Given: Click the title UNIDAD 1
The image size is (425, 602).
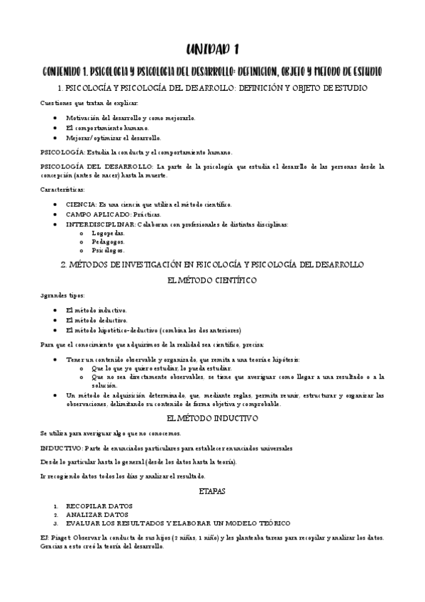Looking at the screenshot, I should point(212,49).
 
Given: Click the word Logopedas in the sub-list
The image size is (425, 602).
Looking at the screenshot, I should point(108,232).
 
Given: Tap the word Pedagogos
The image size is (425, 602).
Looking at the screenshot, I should point(109,241).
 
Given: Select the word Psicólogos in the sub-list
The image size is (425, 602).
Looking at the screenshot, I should point(109,250).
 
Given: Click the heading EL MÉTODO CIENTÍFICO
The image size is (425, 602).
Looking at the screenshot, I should point(212,280).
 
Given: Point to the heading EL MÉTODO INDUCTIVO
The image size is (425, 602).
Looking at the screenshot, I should point(212,419).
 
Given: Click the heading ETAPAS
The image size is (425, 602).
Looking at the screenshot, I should point(212,491).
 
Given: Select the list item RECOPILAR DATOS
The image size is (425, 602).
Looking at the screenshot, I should point(99,506).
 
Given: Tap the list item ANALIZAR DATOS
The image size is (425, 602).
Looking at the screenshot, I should point(96,515).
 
